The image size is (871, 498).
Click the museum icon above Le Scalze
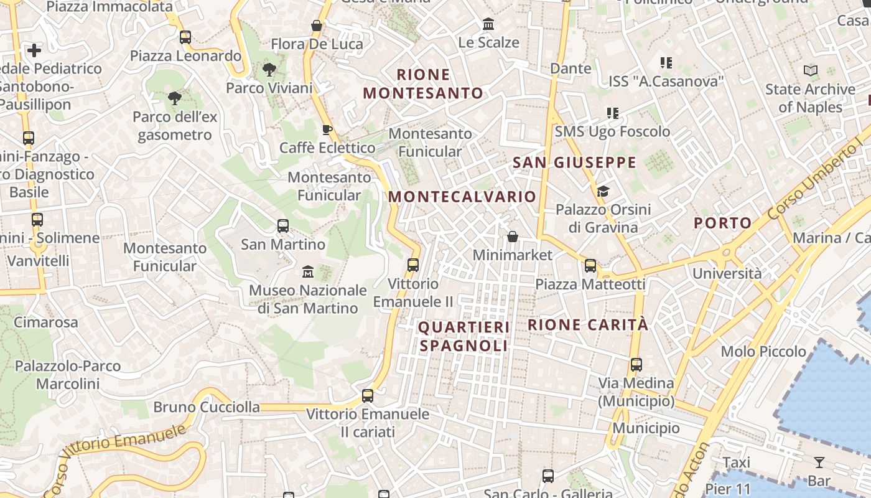tap(488, 24)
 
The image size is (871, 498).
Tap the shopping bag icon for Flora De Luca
tap(317, 26)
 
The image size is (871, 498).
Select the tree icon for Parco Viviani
tap(269, 69)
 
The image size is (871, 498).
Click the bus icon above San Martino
tap(283, 225)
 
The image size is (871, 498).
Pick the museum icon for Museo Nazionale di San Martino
tap(308, 271)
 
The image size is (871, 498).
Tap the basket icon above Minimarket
tap(513, 237)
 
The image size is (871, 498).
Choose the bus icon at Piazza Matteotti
tap(590, 266)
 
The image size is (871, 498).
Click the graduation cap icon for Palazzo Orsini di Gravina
tap(603, 191)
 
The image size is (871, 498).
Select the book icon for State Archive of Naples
tap(810, 71)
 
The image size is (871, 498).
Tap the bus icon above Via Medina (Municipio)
tap(636, 365)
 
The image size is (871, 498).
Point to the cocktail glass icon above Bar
tap(819, 462)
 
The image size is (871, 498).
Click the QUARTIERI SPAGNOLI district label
tap(463, 336)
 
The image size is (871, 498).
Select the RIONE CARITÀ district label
tap(588, 324)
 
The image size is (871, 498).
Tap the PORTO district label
tap(722, 223)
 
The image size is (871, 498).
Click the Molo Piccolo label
tap(763, 351)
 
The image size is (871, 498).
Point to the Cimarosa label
tap(46, 322)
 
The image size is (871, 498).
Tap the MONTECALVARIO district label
tap(462, 197)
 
